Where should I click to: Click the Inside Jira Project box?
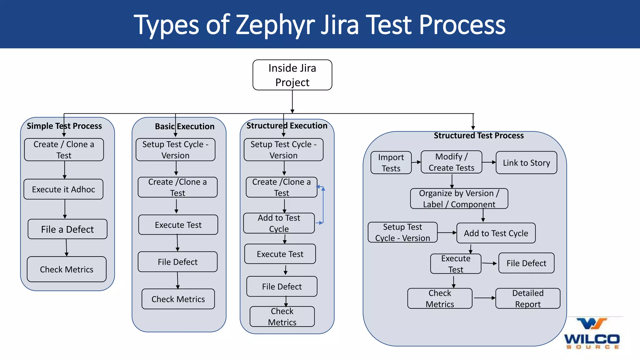click(292, 75)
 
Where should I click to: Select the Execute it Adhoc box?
click(63, 189)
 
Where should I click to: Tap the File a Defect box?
click(67, 229)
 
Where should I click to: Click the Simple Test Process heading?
click(64, 126)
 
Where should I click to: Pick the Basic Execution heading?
click(185, 126)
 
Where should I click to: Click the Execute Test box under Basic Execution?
click(178, 225)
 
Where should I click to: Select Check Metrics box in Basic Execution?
click(178, 299)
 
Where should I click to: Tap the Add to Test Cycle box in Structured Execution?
click(279, 223)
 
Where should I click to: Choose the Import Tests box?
click(391, 162)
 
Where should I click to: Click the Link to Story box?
click(526, 163)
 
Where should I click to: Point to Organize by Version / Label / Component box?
click(459, 198)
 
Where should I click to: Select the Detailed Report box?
click(528, 298)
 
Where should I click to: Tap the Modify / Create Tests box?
click(451, 162)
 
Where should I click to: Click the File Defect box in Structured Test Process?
click(526, 263)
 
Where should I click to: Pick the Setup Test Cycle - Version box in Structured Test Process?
click(402, 232)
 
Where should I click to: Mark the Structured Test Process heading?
click(478, 136)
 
